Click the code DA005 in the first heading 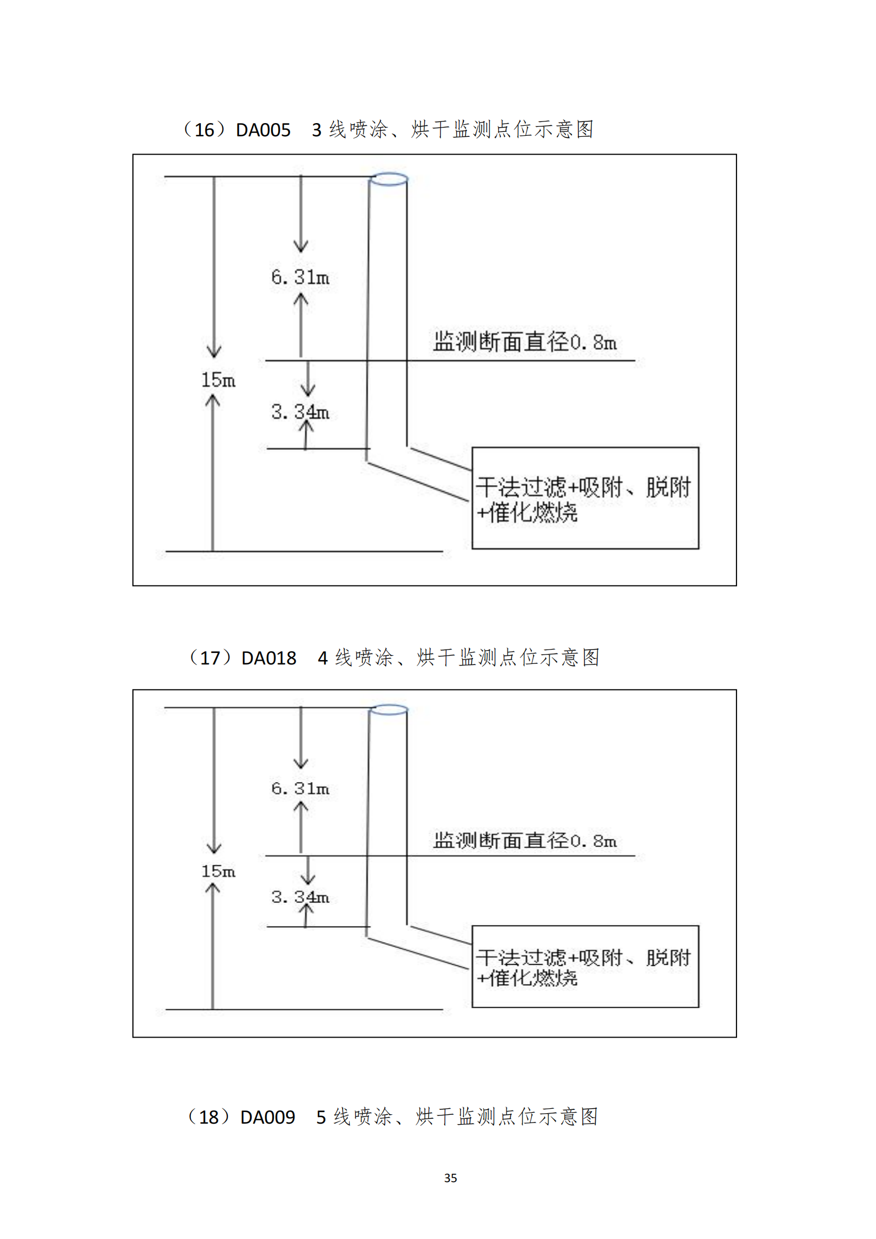pyautogui.click(x=263, y=130)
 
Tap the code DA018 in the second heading pyautogui.click(x=269, y=658)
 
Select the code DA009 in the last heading pyautogui.click(x=268, y=1118)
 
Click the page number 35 pyautogui.click(x=450, y=1178)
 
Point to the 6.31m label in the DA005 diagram pyautogui.click(x=300, y=277)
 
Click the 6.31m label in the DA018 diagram pyautogui.click(x=300, y=789)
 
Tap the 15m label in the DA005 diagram pyautogui.click(x=218, y=380)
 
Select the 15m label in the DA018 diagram pyautogui.click(x=218, y=871)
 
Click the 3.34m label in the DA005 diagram pyautogui.click(x=300, y=412)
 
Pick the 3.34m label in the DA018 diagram pyautogui.click(x=300, y=897)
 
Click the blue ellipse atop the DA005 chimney pyautogui.click(x=389, y=179)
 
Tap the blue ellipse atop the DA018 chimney pyautogui.click(x=389, y=710)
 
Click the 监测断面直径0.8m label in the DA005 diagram pyautogui.click(x=525, y=342)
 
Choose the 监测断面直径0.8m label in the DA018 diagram pyautogui.click(x=525, y=841)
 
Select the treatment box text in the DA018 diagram pyautogui.click(x=583, y=967)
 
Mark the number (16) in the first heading pyautogui.click(x=204, y=130)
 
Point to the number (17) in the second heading pyautogui.click(x=209, y=658)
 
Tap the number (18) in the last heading pyautogui.click(x=208, y=1118)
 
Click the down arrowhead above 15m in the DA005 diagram pyautogui.click(x=214, y=352)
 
